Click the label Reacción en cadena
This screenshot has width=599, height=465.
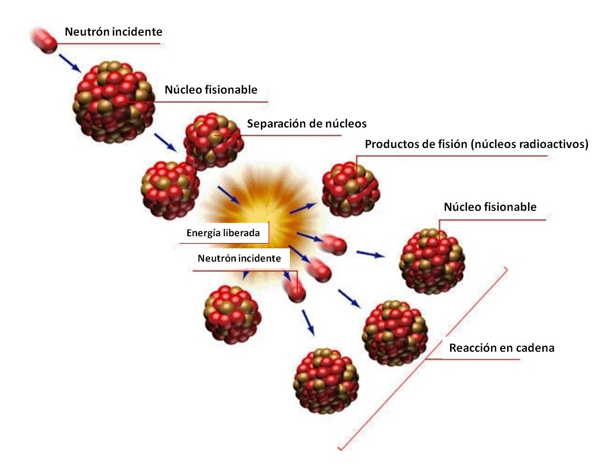click(502, 348)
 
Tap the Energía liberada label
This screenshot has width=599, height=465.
click(223, 233)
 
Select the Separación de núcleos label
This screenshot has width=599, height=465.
click(307, 123)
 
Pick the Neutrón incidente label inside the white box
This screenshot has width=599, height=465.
click(239, 258)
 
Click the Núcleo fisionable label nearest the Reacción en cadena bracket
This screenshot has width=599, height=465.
click(490, 207)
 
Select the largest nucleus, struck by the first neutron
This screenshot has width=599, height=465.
click(114, 102)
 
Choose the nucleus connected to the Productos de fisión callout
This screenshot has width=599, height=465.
click(351, 189)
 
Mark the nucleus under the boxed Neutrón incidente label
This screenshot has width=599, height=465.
click(232, 314)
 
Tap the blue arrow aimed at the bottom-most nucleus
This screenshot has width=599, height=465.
click(308, 322)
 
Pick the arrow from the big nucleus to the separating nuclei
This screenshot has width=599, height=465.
click(165, 141)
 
